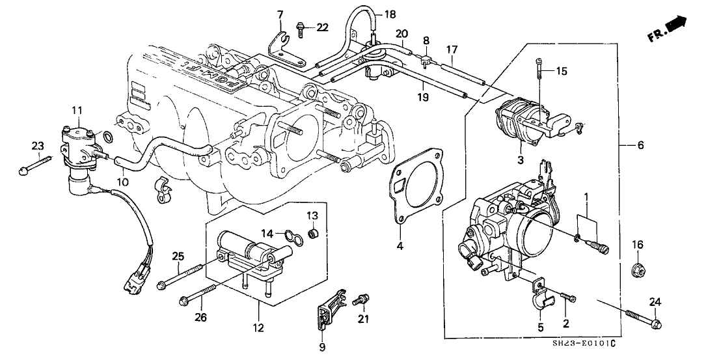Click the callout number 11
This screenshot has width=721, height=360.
[x=77, y=111]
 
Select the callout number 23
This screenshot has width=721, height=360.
[x=38, y=145]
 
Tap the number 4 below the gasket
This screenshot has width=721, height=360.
[x=400, y=246]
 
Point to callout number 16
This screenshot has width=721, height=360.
[x=638, y=244]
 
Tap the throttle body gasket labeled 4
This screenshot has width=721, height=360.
[x=416, y=186]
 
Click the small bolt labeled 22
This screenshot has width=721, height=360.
[x=300, y=27]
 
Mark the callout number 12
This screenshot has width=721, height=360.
[x=259, y=327]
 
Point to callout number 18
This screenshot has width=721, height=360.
[x=389, y=14]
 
